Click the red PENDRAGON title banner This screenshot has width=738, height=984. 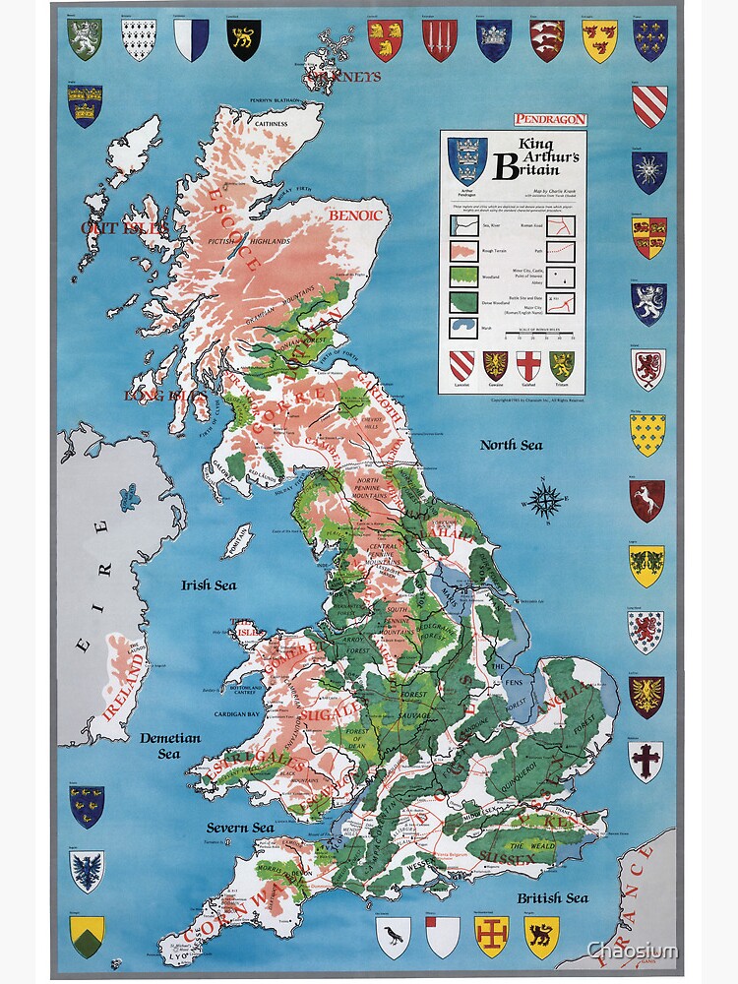(550, 119)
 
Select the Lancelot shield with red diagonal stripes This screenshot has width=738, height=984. (461, 366)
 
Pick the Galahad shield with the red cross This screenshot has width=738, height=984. (528, 366)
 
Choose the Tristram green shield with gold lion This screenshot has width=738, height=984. (562, 366)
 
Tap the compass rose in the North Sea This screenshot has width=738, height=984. (543, 499)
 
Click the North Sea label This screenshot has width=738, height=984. (511, 445)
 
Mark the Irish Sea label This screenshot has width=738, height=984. (209, 584)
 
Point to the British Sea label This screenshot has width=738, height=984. (552, 897)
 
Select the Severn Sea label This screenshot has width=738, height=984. (240, 828)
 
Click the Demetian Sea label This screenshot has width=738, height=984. (169, 745)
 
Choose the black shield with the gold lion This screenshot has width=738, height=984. (243, 40)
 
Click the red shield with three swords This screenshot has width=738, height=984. (439, 40)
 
